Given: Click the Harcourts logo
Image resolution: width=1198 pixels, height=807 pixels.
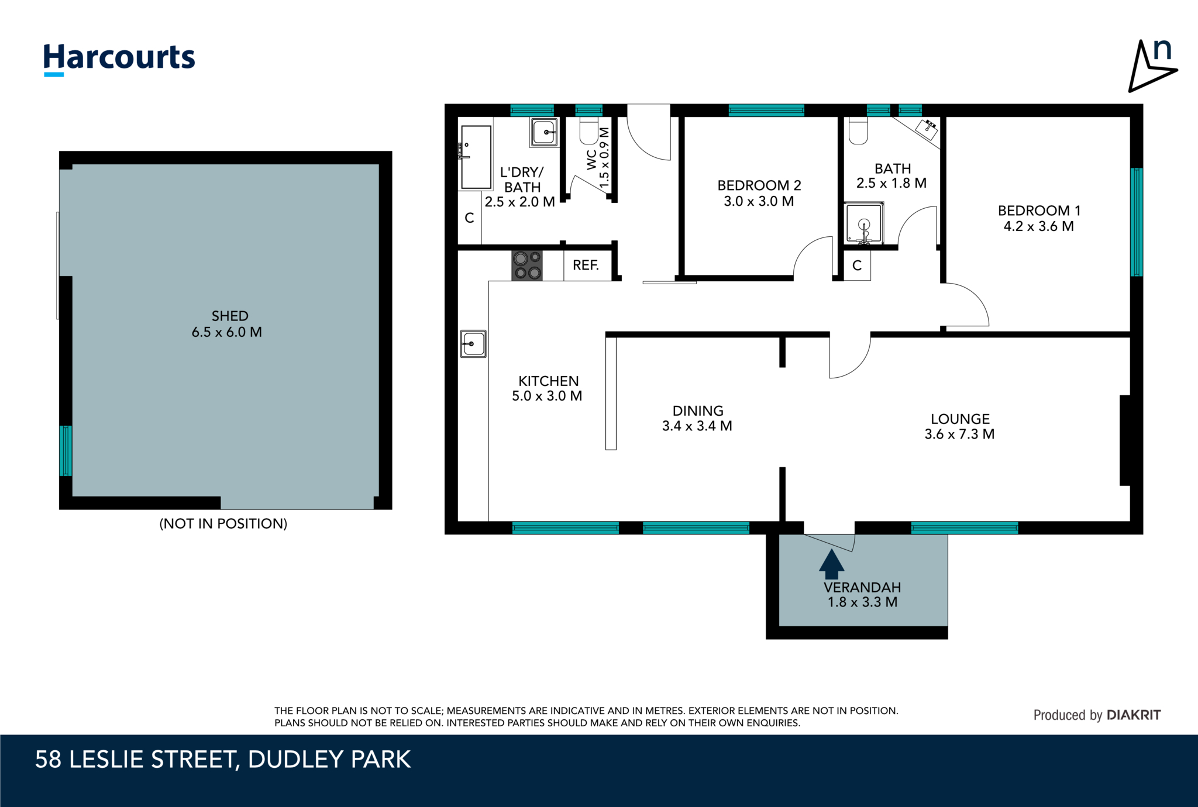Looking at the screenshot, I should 119,59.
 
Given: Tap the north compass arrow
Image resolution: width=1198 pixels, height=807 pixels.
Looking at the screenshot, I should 1150,67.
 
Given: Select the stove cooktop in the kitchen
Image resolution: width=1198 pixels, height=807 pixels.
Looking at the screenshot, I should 527,265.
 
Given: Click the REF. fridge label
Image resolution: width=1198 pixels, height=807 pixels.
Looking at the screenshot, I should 586,265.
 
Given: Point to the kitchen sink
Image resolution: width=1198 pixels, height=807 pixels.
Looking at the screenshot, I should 473,344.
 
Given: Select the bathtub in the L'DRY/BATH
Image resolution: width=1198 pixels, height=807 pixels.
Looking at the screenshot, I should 476,157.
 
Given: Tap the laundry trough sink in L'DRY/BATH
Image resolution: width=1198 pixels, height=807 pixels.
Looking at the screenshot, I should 545,132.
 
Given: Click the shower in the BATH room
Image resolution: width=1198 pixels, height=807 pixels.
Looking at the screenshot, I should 863,223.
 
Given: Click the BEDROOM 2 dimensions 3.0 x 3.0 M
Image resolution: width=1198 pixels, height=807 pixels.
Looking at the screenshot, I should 759,202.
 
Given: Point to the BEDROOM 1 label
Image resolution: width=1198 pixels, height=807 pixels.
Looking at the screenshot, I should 1039,211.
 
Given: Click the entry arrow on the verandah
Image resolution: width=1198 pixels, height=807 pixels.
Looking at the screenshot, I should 831,564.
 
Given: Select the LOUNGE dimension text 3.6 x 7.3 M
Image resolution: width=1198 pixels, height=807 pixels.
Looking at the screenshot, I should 959,434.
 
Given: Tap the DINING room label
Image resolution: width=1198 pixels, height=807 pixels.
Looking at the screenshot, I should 697,411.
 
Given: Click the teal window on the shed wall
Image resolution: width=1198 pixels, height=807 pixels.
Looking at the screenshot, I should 66,450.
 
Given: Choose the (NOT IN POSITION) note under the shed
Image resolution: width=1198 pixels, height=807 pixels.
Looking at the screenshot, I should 223,523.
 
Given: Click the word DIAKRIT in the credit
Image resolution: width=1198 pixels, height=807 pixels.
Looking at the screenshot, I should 1133,715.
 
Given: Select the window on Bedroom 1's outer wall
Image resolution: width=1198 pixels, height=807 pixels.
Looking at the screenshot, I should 1135,222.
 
